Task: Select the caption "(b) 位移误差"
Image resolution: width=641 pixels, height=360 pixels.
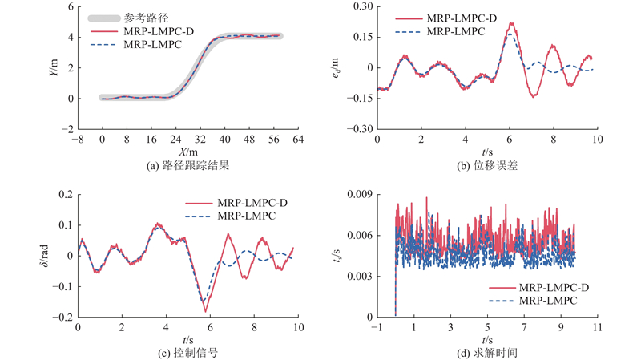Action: pos(486,166)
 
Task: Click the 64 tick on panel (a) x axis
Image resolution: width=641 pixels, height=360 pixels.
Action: pos(297,140)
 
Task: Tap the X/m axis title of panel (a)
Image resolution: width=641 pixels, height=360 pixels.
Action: pos(187,152)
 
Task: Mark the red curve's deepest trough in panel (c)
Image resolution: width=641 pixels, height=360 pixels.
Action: pos(205,311)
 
